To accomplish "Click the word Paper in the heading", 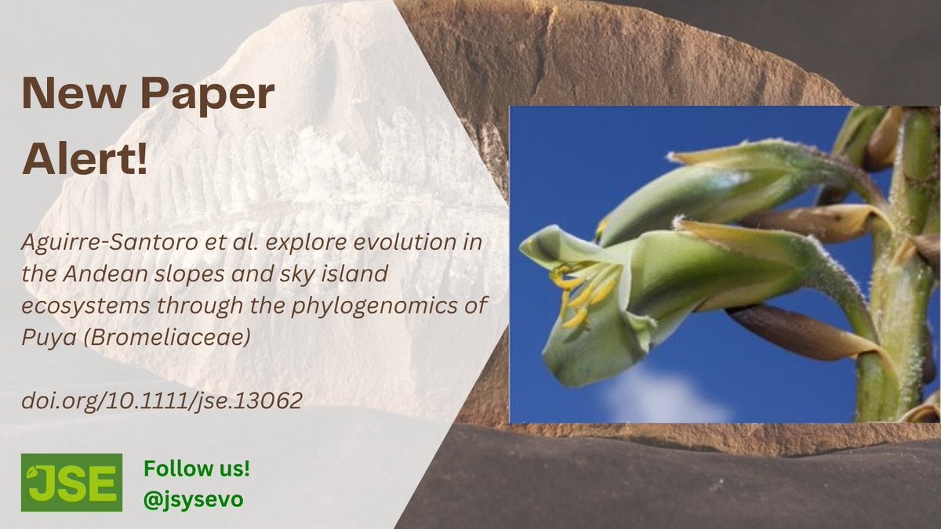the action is click(x=207, y=96).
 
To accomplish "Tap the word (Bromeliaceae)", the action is click(x=167, y=337).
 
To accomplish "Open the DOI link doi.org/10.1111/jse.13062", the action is click(x=162, y=400).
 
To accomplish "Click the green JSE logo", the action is click(x=72, y=483).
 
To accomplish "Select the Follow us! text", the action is click(x=197, y=469).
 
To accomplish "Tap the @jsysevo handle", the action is click(x=193, y=500).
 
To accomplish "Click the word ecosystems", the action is click(x=85, y=306).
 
